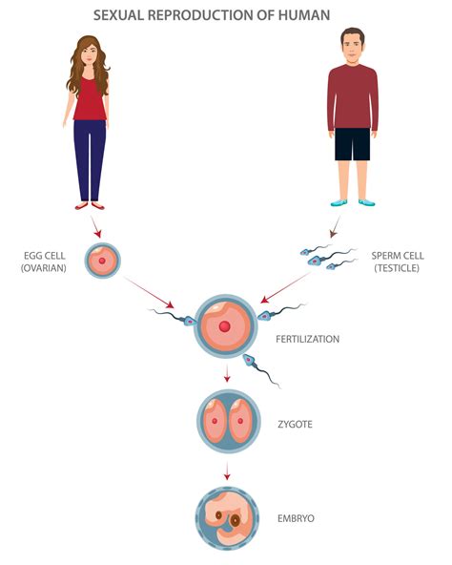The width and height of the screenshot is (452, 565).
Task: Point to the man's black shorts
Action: click(352, 143)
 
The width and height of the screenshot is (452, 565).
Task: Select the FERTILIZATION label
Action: click(307, 339)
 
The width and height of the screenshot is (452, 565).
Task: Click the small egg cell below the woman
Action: click(101, 260)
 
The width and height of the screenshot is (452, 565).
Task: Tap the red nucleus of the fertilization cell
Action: click(224, 327)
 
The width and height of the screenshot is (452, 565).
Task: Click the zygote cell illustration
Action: click(227, 421)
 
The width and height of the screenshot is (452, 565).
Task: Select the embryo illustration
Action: click(227, 518)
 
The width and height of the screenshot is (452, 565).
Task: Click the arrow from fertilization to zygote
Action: click(227, 374)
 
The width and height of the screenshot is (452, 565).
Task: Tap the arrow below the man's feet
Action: click(334, 229)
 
